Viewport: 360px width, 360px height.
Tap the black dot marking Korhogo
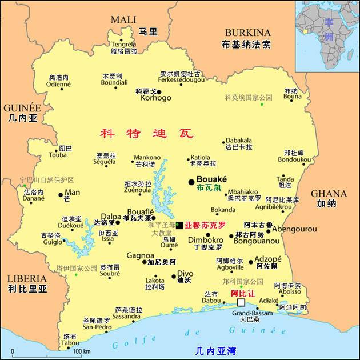pyautogui.click(x=159, y=91)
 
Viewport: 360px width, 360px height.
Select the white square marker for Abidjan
pyautogui.click(x=241, y=302)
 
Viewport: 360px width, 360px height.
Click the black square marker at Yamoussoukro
pyautogui.click(x=179, y=225)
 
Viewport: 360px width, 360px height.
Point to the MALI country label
pyautogui.click(x=123, y=20)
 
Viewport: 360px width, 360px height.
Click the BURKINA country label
pyautogui.click(x=247, y=33)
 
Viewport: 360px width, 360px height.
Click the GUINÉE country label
pyautogui.click(x=22, y=108)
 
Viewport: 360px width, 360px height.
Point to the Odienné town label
pyautogui.click(x=58, y=84)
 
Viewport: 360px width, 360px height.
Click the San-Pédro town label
pyautogui.click(x=96, y=327)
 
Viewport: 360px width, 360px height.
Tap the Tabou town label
pyautogui.click(x=71, y=343)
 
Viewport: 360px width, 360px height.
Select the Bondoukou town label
pyautogui.click(x=294, y=159)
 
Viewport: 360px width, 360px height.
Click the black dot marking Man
pyautogui.click(x=61, y=195)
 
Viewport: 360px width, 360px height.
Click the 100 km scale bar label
pyautogui.click(x=82, y=351)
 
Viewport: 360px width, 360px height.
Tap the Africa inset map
pyautogui.click(x=327, y=34)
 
